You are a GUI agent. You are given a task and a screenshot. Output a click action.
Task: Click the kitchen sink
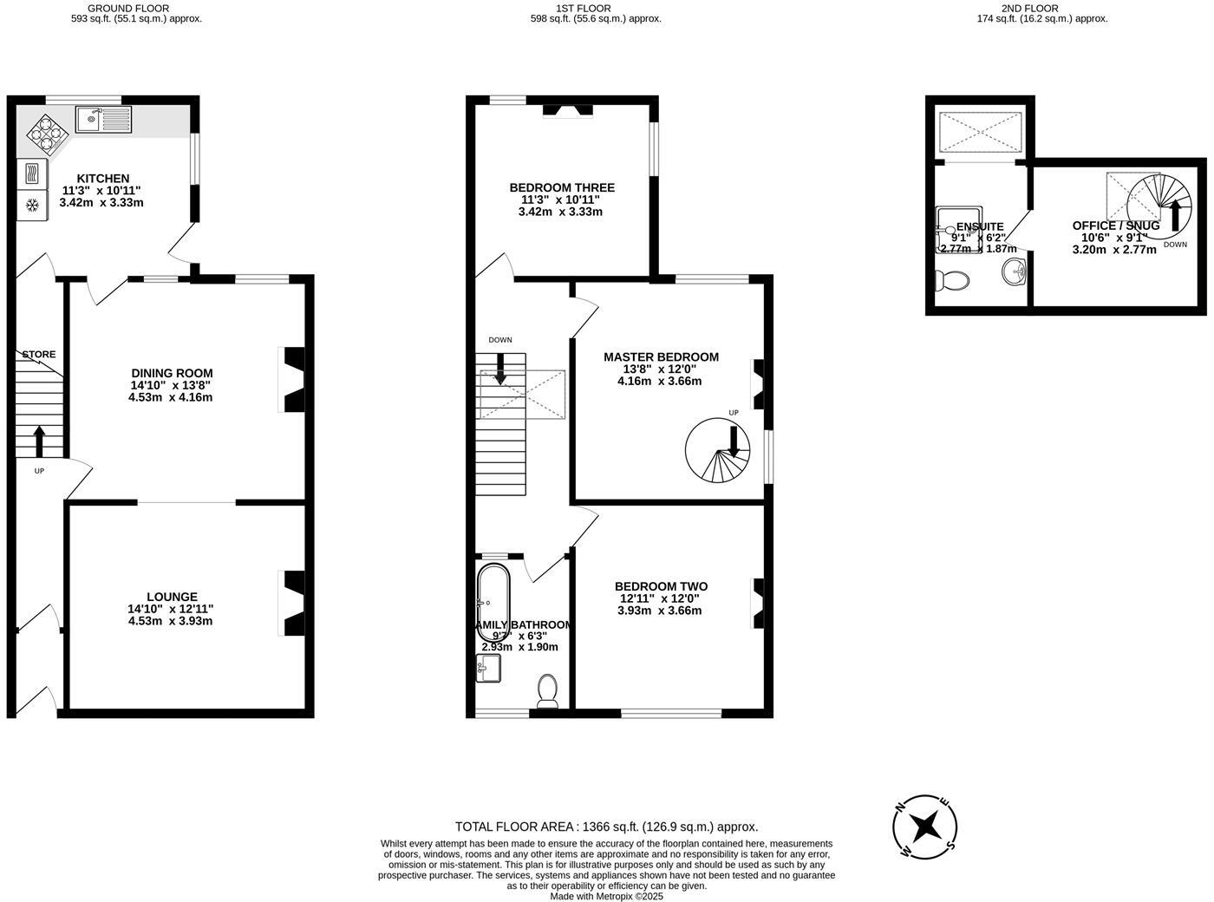click(103, 119)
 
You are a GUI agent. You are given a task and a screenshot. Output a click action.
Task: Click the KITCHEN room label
click(102, 179)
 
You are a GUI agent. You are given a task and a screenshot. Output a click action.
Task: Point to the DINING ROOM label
click(172, 373)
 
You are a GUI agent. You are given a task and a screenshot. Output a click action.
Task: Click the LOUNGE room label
click(172, 597)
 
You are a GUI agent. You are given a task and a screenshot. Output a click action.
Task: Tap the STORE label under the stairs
click(39, 355)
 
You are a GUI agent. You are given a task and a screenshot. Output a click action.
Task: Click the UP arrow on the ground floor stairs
click(39, 441)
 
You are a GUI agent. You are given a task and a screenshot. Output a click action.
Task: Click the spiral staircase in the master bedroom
click(717, 451)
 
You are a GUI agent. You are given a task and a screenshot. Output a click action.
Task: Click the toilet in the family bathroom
click(548, 690)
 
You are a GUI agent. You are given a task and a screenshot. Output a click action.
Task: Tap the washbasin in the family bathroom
click(489, 668)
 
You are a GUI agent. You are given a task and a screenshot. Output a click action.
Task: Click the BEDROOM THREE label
click(562, 187)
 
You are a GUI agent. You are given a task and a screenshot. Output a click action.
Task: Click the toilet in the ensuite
click(952, 281)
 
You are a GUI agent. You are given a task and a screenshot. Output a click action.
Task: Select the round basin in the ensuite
click(1014, 272)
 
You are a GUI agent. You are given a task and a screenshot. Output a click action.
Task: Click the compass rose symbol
click(925, 826)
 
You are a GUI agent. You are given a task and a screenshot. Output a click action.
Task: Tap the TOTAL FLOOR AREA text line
click(606, 827)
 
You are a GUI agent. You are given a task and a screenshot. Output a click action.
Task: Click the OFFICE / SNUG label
click(1115, 225)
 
